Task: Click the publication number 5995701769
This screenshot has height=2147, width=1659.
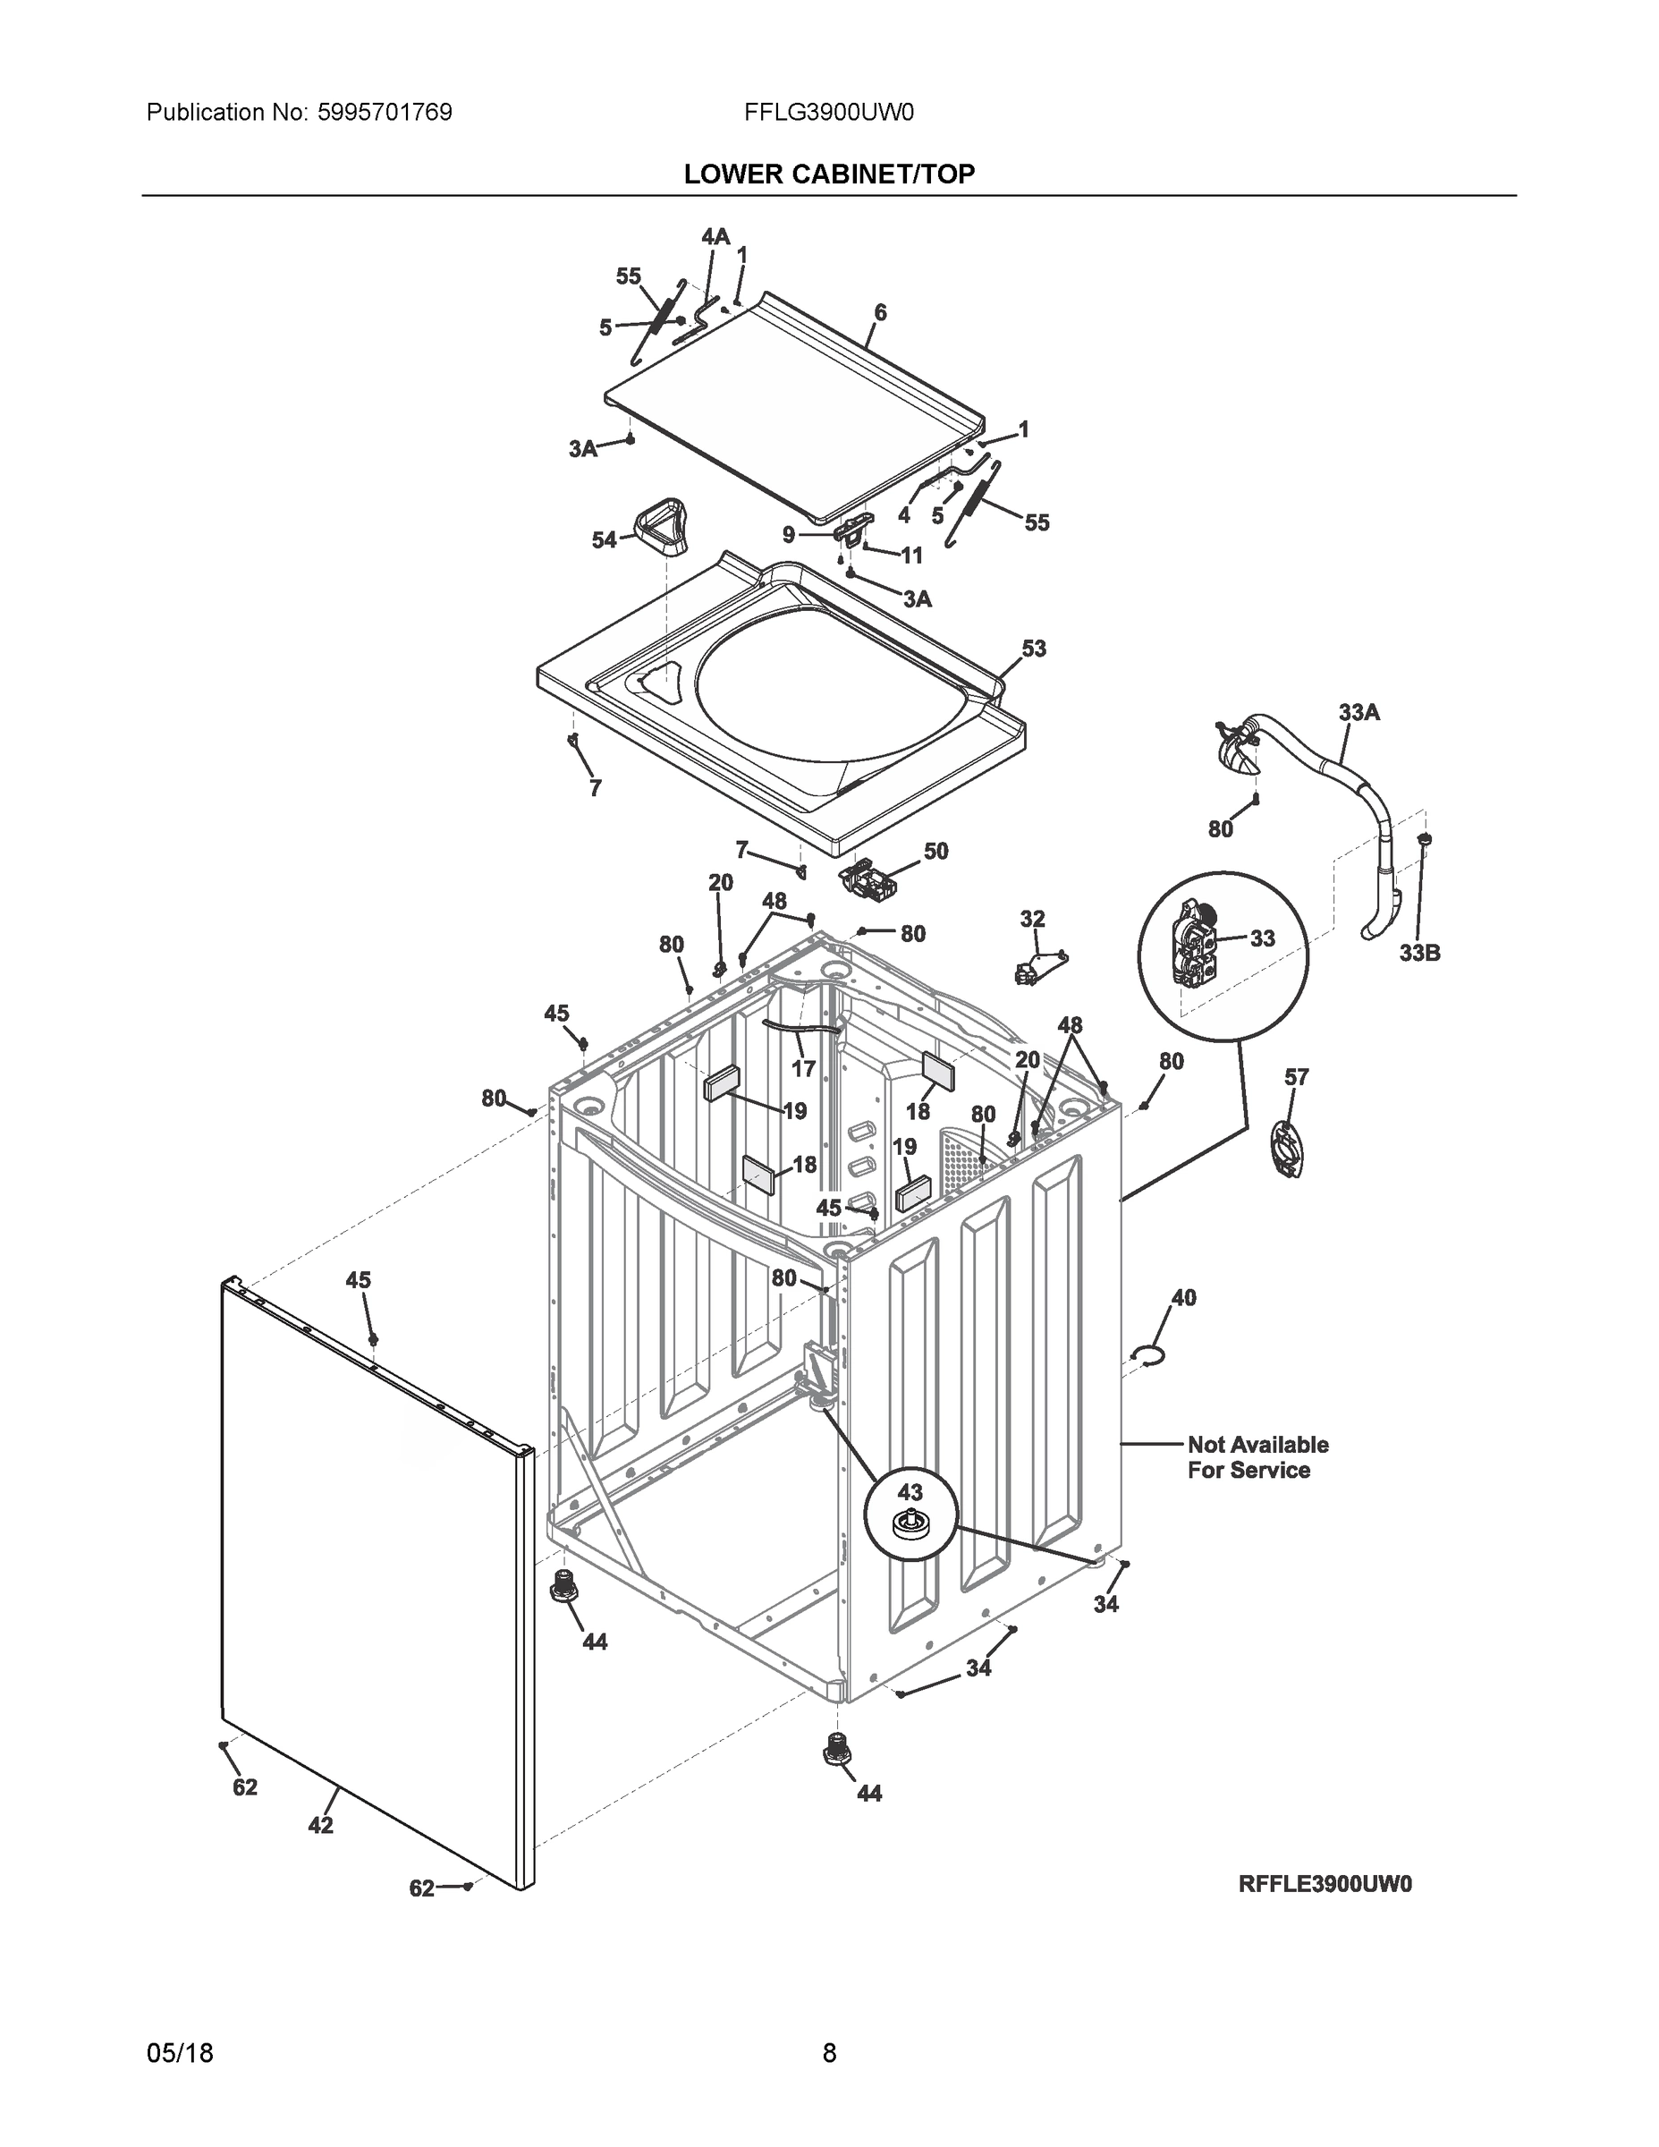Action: point(385,113)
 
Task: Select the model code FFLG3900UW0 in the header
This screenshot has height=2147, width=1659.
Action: point(828,113)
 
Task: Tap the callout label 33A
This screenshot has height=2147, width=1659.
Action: point(1359,713)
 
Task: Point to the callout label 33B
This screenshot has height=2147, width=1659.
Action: point(1419,953)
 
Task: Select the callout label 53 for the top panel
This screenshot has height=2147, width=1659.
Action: point(1033,649)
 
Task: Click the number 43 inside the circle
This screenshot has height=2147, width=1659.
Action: point(910,1492)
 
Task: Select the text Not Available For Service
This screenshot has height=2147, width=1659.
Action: point(1257,1457)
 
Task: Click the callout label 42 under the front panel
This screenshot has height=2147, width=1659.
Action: point(320,1826)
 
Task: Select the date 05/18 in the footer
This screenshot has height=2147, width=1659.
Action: point(180,2053)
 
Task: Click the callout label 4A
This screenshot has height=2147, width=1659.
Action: point(715,237)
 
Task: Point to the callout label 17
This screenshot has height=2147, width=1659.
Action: point(803,1069)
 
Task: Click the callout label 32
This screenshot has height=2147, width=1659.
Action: point(1032,919)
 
